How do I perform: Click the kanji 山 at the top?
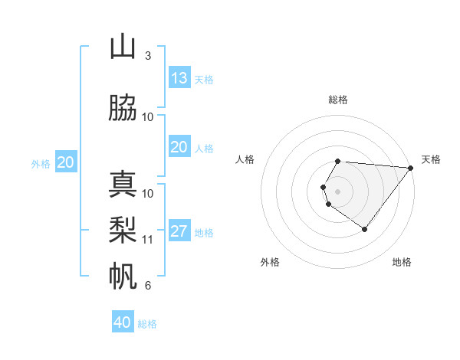[123, 47]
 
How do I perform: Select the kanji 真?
[123, 185]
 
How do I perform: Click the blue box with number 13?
[179, 78]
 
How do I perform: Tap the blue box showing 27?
[179, 232]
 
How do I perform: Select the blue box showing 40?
[123, 322]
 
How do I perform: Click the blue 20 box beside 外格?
[66, 162]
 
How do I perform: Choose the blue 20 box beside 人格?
[179, 147]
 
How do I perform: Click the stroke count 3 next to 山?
[147, 55]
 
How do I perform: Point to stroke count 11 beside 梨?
[148, 239]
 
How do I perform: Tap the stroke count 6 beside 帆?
[147, 286]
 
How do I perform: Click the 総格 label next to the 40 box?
[147, 324]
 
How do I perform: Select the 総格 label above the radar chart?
[338, 100]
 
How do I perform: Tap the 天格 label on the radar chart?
[432, 159]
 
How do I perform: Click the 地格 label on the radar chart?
[402, 262]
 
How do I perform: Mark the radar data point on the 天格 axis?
[411, 168]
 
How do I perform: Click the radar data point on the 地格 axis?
[364, 229]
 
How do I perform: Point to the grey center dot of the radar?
[338, 191]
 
